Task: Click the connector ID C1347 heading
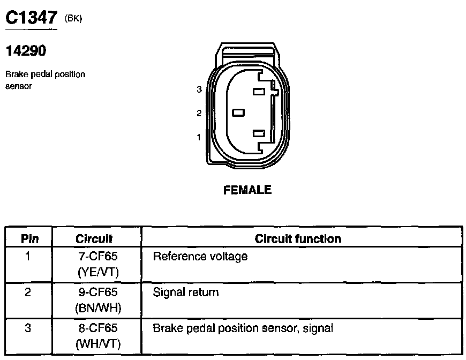[x=31, y=18]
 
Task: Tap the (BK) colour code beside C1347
[x=73, y=19]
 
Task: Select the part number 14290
[x=26, y=52]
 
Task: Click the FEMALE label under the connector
[x=247, y=190]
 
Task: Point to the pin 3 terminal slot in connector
[x=259, y=92]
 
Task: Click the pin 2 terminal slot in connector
[x=238, y=112]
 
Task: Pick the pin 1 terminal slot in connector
[x=259, y=133]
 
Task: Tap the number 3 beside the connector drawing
[x=199, y=89]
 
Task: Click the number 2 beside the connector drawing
[x=199, y=113]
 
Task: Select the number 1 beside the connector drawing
[x=199, y=137]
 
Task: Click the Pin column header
[x=29, y=238]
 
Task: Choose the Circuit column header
[x=94, y=238]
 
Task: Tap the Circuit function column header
[x=298, y=238]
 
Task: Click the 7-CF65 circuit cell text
[x=98, y=257]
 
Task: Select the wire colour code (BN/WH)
[x=98, y=309]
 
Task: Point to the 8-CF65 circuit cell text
[x=98, y=328]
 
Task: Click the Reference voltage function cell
[x=200, y=257]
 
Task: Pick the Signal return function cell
[x=186, y=292]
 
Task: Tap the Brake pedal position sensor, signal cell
[x=243, y=328]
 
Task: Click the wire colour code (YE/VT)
[x=98, y=273]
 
